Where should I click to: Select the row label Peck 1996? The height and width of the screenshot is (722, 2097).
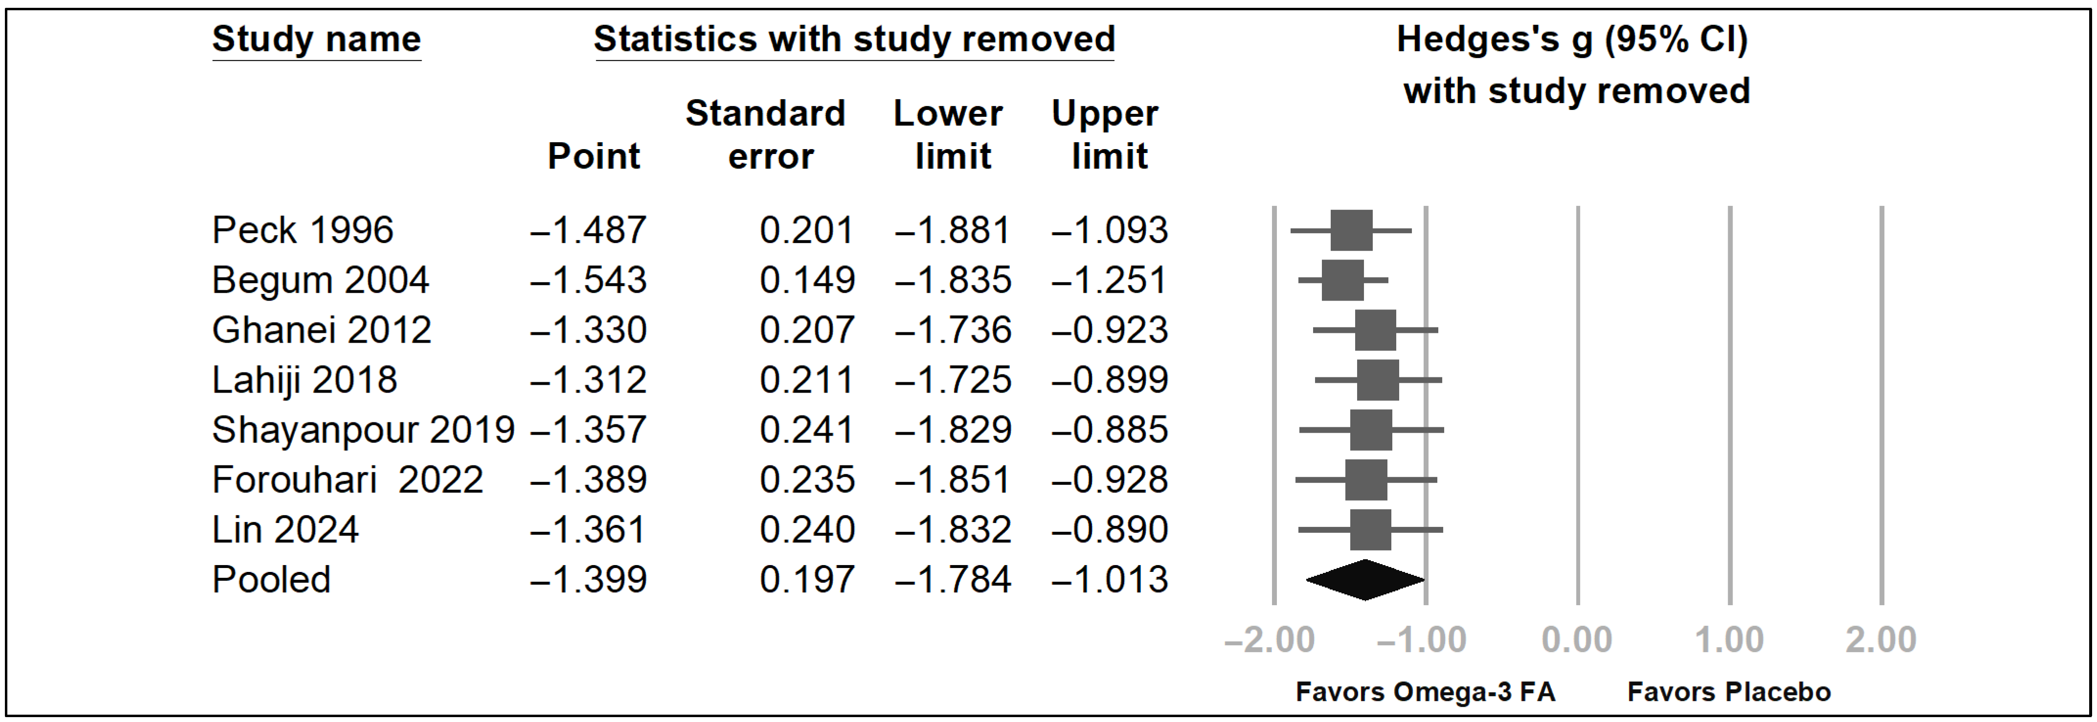click(302, 230)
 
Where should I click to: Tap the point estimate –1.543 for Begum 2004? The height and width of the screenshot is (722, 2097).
click(588, 280)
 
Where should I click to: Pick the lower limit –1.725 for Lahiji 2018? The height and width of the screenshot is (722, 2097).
click(953, 380)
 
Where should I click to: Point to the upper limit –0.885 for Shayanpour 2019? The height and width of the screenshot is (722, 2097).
click(1109, 430)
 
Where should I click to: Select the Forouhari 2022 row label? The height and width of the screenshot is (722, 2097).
click(348, 480)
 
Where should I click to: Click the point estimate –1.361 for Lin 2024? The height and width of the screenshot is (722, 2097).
click(588, 530)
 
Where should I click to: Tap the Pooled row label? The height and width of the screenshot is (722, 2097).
click(271, 580)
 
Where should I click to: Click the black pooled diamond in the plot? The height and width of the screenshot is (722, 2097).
click(1365, 580)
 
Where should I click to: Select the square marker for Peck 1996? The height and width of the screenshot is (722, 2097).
click(1351, 230)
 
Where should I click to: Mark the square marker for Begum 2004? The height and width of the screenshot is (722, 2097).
click(1342, 280)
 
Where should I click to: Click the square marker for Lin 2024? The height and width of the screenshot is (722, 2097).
click(1370, 530)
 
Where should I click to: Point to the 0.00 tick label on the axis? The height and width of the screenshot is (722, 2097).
click(1577, 640)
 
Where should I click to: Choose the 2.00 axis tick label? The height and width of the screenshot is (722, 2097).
click(1880, 640)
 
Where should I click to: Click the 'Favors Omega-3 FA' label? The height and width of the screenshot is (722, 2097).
click(1425, 692)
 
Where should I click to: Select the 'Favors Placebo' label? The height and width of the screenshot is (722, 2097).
click(1728, 692)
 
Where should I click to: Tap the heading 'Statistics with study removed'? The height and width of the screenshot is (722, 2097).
click(854, 39)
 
